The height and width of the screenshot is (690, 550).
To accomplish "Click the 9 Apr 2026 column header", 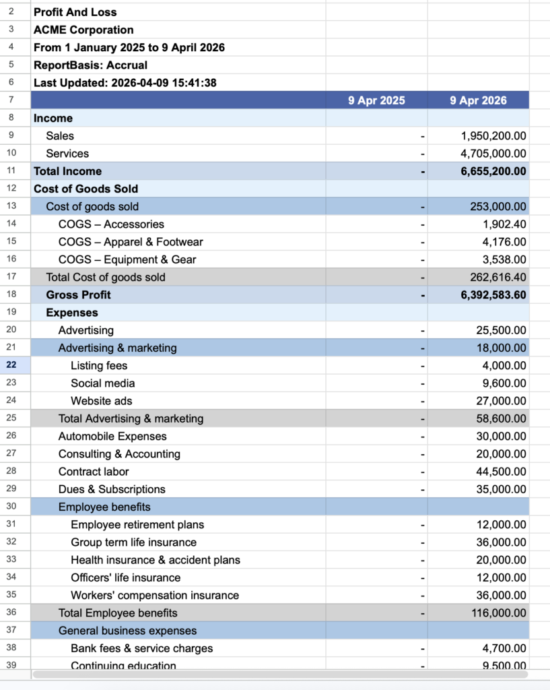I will click(x=478, y=100).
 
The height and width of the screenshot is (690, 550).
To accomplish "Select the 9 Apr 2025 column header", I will click(x=376, y=100).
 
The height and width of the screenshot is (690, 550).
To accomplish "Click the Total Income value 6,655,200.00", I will click(x=493, y=171).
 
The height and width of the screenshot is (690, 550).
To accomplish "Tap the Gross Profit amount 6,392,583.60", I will click(x=493, y=295).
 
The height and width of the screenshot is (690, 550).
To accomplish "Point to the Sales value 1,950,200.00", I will click(x=493, y=136).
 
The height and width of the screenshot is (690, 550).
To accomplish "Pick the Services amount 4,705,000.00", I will click(x=493, y=154).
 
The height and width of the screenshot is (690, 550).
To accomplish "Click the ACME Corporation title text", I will click(x=83, y=30).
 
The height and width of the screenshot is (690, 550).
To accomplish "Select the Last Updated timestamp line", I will click(x=125, y=83).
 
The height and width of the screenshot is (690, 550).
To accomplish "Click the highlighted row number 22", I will click(x=12, y=365).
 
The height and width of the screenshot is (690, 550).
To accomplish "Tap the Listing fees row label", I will click(x=99, y=366).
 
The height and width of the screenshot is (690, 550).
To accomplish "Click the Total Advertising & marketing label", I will click(x=131, y=418).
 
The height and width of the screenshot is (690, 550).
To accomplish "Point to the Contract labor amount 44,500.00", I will click(x=501, y=472).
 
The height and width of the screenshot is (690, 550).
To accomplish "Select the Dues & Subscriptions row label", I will click(x=112, y=489).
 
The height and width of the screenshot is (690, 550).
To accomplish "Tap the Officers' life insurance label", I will click(x=125, y=577).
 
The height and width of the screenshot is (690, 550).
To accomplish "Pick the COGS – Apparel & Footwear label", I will click(x=131, y=242).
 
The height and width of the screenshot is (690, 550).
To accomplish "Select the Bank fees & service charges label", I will click(x=141, y=648).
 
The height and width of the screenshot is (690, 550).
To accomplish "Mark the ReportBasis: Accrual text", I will click(x=90, y=65).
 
